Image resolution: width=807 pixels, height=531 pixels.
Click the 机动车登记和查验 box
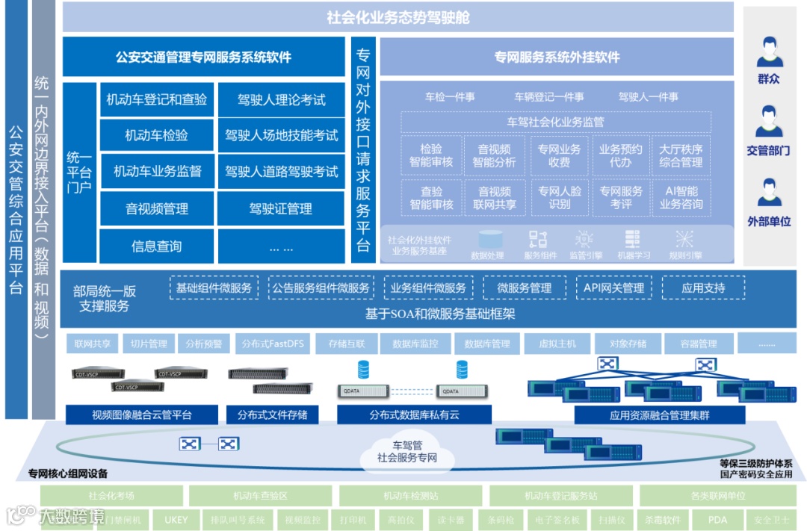157,99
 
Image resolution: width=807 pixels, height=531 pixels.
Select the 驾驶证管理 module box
281,209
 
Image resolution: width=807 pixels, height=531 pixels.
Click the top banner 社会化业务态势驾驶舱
398,17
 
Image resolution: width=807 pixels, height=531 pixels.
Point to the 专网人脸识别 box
559,197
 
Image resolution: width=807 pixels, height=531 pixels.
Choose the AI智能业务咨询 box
681,197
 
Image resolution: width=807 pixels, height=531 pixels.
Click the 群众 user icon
769,52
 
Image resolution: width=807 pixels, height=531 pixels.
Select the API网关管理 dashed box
613,288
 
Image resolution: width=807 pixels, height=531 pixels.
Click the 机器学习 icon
632,240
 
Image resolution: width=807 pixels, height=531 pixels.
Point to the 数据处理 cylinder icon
490,240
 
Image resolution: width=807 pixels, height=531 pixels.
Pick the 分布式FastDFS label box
269,344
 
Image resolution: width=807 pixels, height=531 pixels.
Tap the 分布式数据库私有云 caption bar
414,415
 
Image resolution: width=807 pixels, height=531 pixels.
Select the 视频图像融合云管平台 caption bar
142,415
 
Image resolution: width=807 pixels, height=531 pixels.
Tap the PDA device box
717,520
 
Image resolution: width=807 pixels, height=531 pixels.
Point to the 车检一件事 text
450,97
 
